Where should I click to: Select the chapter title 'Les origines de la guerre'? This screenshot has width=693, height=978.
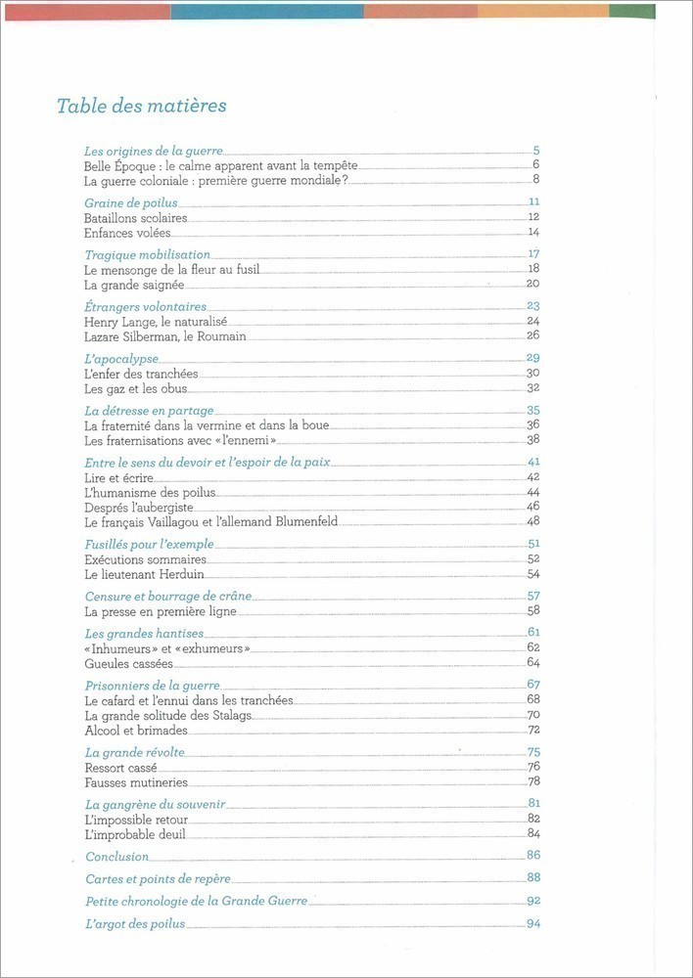pyautogui.click(x=154, y=152)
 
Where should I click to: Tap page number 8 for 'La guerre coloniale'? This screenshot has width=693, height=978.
pyautogui.click(x=536, y=179)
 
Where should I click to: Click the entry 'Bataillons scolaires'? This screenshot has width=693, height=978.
pyautogui.click(x=135, y=217)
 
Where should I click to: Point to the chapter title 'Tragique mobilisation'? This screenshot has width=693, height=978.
pyautogui.click(x=148, y=255)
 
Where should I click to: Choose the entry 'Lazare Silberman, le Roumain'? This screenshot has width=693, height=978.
pyautogui.click(x=164, y=336)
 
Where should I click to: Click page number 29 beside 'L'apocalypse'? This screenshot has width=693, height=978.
pyautogui.click(x=533, y=358)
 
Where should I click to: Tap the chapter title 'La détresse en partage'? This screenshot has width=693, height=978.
pyautogui.click(x=149, y=411)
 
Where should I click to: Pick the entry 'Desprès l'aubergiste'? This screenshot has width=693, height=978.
pyautogui.click(x=138, y=507)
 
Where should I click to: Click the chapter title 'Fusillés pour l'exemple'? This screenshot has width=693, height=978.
pyautogui.click(x=149, y=544)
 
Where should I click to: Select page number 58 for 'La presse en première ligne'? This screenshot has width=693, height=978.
pyautogui.click(x=533, y=611)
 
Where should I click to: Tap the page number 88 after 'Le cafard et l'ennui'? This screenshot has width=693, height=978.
pyautogui.click(x=533, y=699)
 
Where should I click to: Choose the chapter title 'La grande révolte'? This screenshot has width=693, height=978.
pyautogui.click(x=134, y=752)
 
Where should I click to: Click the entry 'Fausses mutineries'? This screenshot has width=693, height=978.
pyautogui.click(x=135, y=782)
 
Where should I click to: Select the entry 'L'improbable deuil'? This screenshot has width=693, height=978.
pyautogui.click(x=134, y=834)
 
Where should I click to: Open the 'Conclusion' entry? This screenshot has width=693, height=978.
pyautogui.click(x=116, y=857)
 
